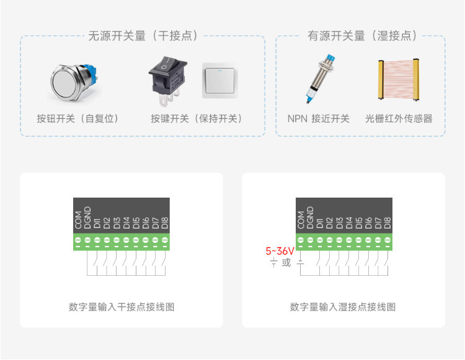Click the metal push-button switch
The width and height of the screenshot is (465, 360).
pyautogui.click(x=74, y=82)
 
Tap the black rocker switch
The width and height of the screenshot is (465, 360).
pyautogui.click(x=168, y=81)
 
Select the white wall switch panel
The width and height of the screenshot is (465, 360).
pyautogui.click(x=219, y=81)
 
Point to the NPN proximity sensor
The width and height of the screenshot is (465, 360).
pyautogui.click(x=321, y=79)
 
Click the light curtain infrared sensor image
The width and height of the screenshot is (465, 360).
pyautogui.click(x=398, y=80)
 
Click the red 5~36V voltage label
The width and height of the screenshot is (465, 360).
pyautogui.click(x=280, y=252)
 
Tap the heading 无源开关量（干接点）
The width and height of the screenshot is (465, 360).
pyautogui.click(x=143, y=36)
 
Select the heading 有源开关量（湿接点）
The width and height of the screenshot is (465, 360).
pyautogui.click(x=363, y=36)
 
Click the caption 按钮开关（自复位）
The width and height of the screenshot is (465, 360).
pyautogui.click(x=77, y=118)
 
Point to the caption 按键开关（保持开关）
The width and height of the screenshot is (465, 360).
pyautogui.click(x=197, y=118)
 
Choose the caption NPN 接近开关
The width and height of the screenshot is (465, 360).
pyautogui.click(x=318, y=118)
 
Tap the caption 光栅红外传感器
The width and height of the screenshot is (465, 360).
pyautogui.click(x=399, y=118)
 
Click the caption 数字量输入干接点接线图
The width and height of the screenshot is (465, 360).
pyautogui.click(x=122, y=307)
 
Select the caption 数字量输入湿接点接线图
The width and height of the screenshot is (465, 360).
pyautogui.click(x=343, y=307)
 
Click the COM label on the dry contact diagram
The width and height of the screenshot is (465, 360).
pyautogui.click(x=78, y=220)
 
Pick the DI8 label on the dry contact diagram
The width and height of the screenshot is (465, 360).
pyautogui.click(x=165, y=223)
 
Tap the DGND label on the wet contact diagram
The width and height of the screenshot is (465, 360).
pyautogui.click(x=310, y=217)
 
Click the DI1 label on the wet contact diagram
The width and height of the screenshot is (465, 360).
pyautogui.click(x=320, y=224)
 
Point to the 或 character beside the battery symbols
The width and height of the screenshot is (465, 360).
pyautogui.click(x=286, y=263)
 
